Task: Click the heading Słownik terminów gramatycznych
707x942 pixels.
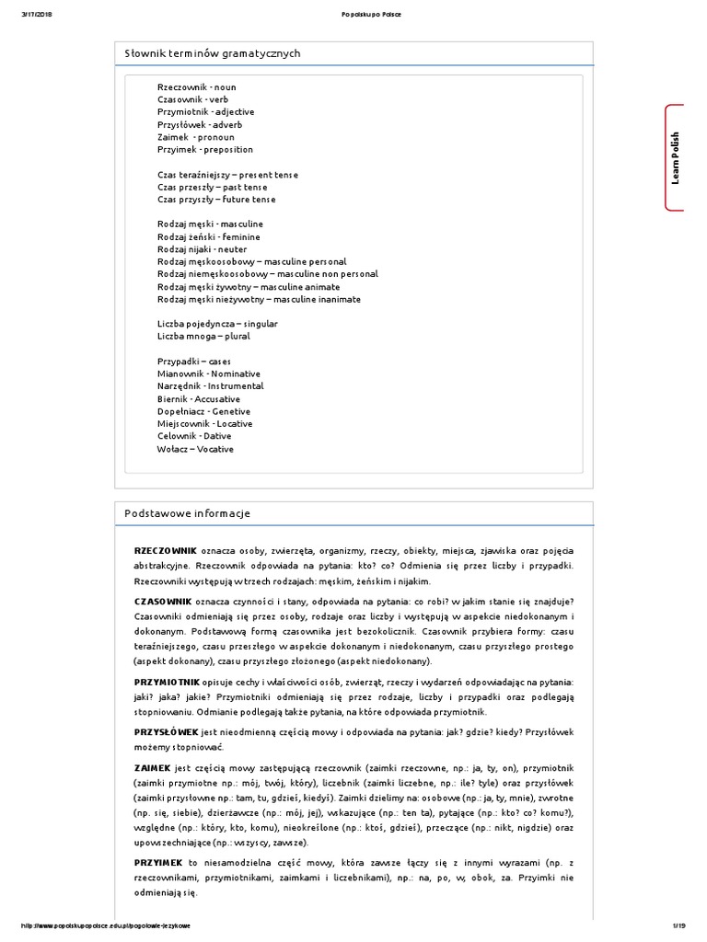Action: pyautogui.click(x=213, y=53)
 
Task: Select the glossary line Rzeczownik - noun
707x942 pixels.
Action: pyautogui.click(x=196, y=86)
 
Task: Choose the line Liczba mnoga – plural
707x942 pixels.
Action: pyautogui.click(x=203, y=337)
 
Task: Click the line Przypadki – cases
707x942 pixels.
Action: pyautogui.click(x=194, y=362)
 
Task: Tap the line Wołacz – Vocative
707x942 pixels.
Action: pyautogui.click(x=195, y=449)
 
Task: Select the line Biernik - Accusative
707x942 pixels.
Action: pyautogui.click(x=199, y=399)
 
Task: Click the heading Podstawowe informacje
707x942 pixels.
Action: pyautogui.click(x=187, y=513)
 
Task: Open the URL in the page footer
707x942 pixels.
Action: pyautogui.click(x=105, y=925)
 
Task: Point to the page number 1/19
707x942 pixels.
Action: pyautogui.click(x=679, y=925)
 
